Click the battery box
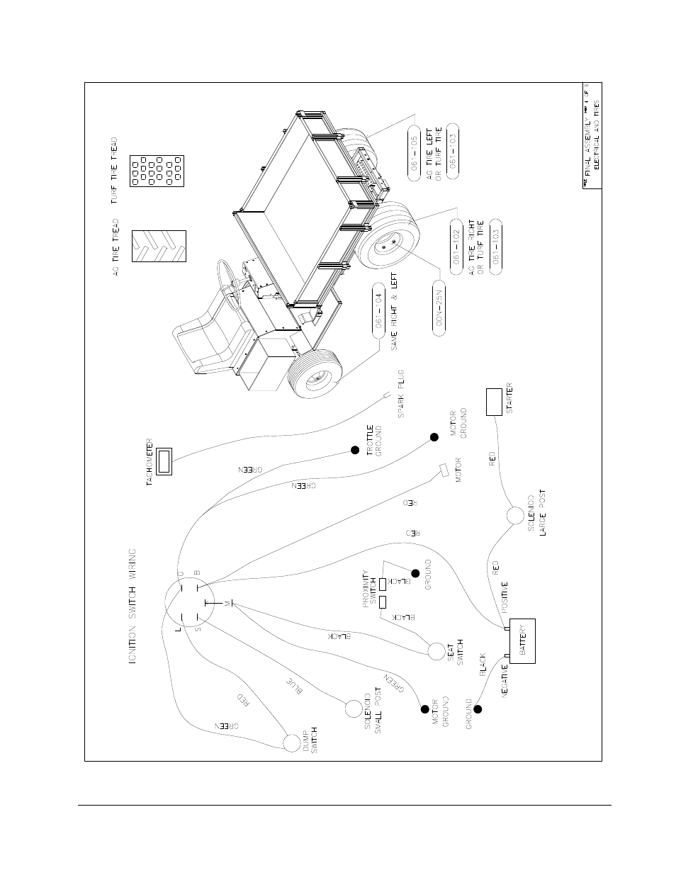coord(522,640)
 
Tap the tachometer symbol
coord(164,461)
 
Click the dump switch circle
coord(292,742)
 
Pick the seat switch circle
coord(436,650)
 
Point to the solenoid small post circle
coord(353,707)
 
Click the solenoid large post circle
coord(515,516)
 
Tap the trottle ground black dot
coord(354,451)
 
